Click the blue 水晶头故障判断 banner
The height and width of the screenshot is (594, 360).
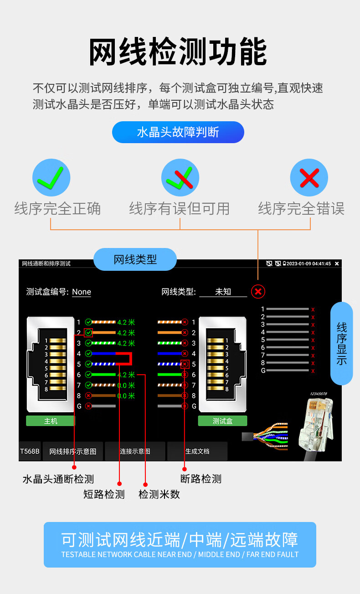178,132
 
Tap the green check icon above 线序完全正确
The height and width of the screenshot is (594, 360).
51,177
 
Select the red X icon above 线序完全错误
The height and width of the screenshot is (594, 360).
309,177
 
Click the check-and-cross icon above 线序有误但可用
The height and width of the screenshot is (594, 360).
180,177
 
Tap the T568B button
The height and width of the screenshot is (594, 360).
30,451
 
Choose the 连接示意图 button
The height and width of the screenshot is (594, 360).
135,451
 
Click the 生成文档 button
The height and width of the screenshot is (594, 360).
197,451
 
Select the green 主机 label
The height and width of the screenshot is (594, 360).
51,421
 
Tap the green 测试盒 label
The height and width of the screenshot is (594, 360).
222,421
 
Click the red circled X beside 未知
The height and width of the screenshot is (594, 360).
258,291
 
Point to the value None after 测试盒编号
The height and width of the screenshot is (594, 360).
82,292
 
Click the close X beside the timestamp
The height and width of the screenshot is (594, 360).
337,263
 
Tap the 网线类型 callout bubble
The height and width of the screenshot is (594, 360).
135,259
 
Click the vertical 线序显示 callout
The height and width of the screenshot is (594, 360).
342,343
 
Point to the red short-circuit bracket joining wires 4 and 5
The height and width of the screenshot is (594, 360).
130,358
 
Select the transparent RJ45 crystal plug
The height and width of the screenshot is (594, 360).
316,424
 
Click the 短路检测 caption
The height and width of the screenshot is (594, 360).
104,494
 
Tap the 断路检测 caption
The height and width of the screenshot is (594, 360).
201,479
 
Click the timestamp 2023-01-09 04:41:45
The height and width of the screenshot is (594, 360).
309,263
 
